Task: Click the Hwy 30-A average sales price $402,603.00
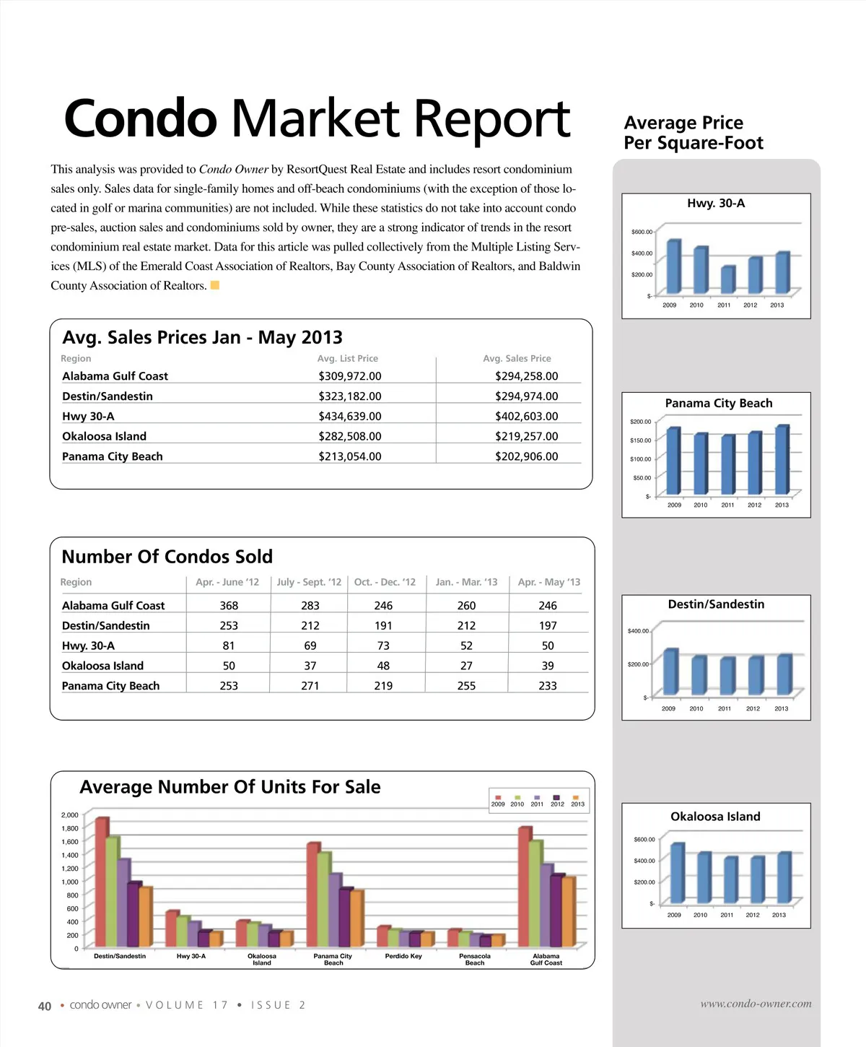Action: click(526, 417)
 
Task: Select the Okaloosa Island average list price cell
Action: click(350, 437)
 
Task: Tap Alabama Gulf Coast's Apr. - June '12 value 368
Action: click(229, 606)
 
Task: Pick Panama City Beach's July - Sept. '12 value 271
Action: click(310, 686)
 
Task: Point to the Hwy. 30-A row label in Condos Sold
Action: click(88, 646)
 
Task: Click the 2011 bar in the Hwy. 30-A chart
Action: click(727, 280)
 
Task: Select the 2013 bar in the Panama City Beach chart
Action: click(782, 460)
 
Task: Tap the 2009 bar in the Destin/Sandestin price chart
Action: click(670, 672)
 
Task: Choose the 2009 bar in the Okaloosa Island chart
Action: click(677, 873)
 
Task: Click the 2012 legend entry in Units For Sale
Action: click(557, 800)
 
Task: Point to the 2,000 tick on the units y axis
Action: click(70, 815)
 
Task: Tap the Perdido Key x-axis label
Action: click(403, 957)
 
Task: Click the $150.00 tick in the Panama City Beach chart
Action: click(640, 440)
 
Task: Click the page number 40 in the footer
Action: click(45, 1006)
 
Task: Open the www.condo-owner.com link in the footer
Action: click(756, 1004)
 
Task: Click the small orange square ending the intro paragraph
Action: click(214, 285)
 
